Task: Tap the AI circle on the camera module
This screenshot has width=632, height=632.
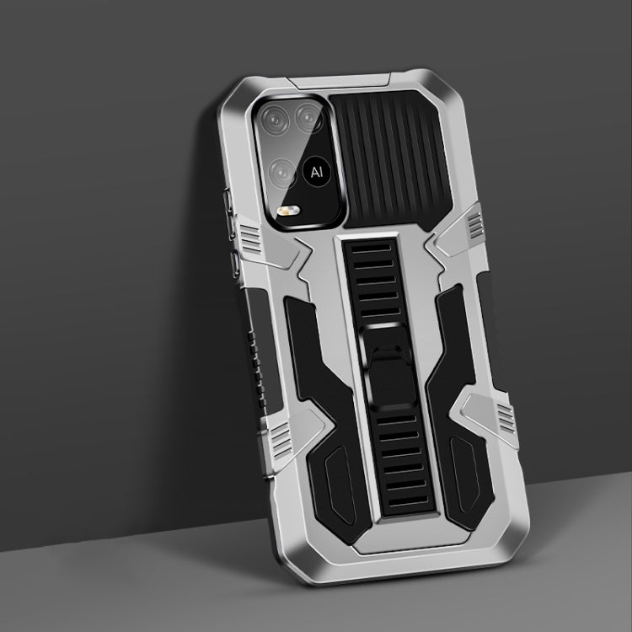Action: pos(317,172)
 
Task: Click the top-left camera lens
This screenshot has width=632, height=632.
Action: pos(275,120)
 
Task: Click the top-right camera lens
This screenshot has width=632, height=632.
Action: pos(308,118)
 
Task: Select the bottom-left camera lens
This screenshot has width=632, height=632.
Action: pos(283,173)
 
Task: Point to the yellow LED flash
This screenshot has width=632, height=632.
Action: pos(288,211)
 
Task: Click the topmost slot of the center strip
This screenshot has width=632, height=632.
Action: pos(372,248)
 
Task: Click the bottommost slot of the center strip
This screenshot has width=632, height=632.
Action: pos(409,501)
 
